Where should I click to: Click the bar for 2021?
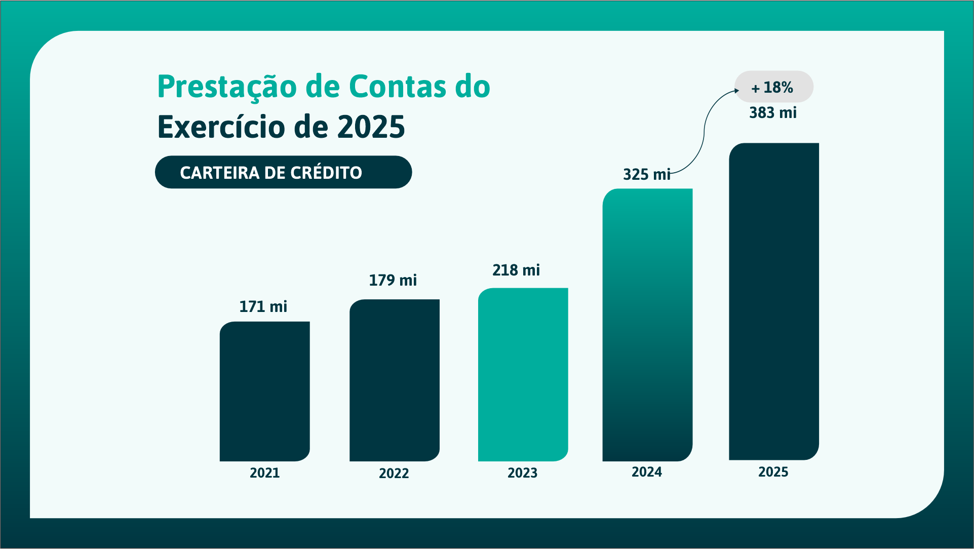(264, 391)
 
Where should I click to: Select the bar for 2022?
(394, 380)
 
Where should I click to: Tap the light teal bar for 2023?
(523, 374)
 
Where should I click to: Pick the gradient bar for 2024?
(647, 325)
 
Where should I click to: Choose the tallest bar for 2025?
(773, 301)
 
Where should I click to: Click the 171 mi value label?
(263, 306)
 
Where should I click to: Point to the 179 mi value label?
(393, 280)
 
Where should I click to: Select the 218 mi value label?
(516, 270)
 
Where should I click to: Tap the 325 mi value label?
(646, 174)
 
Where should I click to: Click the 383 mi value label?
(773, 112)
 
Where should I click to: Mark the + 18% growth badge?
(773, 87)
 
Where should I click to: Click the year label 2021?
(264, 473)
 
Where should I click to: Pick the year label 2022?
(394, 473)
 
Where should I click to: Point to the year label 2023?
(522, 473)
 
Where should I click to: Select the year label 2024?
(647, 472)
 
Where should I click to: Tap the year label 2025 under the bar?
(773, 472)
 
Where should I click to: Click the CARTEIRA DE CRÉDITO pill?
(283, 172)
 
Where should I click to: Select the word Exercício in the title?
(221, 127)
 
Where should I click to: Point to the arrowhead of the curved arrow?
(737, 91)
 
